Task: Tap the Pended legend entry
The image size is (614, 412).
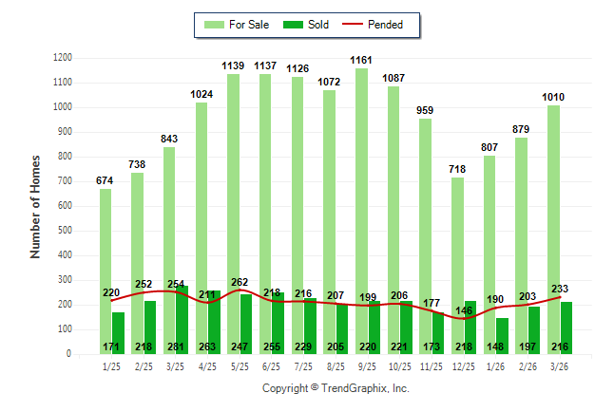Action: [x=376, y=25]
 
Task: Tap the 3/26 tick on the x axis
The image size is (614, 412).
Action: [x=562, y=365]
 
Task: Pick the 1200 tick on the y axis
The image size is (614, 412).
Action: [x=63, y=58]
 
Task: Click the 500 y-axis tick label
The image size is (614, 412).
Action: [x=65, y=231]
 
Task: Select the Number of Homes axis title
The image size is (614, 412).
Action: [x=36, y=206]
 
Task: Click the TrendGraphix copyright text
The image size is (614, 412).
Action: [x=336, y=389]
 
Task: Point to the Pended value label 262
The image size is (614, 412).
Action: [x=240, y=281]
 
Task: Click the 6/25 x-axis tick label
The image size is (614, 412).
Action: [x=272, y=365]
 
